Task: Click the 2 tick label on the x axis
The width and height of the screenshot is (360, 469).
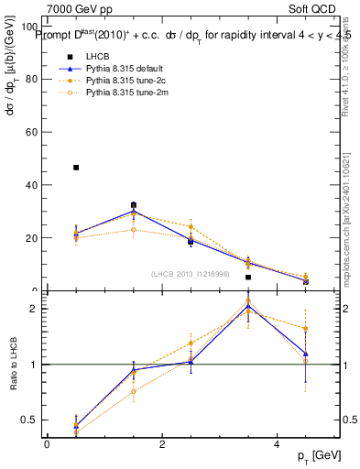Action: point(161,443)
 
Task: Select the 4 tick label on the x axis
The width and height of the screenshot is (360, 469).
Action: point(277,443)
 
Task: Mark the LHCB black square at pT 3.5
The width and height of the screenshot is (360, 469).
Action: point(248,277)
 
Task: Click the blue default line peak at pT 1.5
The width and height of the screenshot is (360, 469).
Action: point(134,211)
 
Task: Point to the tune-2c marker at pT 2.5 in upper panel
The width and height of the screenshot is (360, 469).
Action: point(191,226)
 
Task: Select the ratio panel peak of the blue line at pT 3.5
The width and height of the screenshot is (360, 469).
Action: point(248,306)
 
